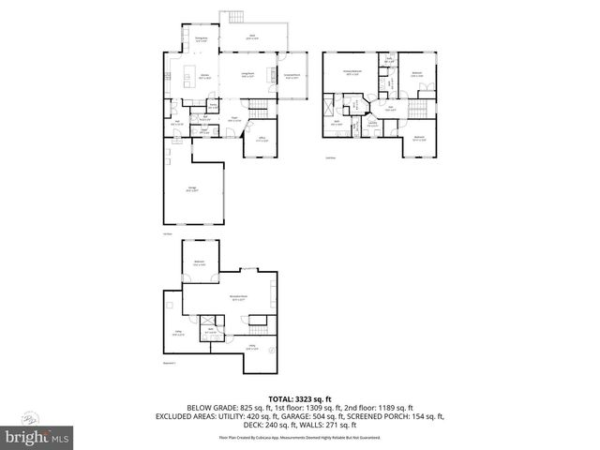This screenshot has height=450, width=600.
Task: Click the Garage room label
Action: pos(192,189)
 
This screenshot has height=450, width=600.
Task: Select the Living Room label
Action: pos(249,76)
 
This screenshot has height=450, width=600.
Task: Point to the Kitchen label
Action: pos(203,76)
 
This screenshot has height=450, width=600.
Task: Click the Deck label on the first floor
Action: pos(252,36)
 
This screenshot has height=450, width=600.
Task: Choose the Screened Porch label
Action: pos(292,76)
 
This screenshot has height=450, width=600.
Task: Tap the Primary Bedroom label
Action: pos(352,73)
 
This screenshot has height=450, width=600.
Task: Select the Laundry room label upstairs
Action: pos(372,123)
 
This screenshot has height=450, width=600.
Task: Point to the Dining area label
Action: pos(201,37)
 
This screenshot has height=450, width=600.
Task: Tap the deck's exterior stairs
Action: pos(232,17)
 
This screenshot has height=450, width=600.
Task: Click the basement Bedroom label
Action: pos(200,262)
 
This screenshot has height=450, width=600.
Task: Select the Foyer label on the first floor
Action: pos(235,119)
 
